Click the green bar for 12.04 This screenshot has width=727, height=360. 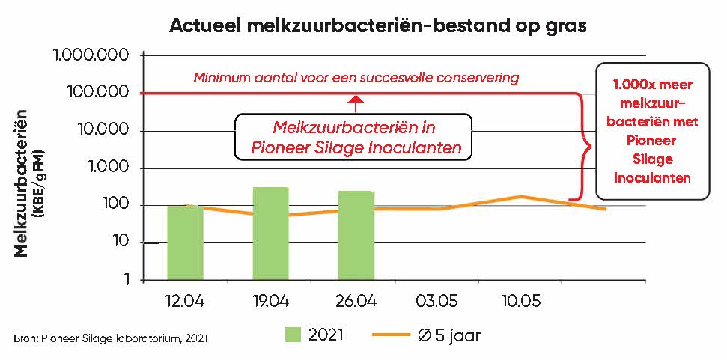pos(184,242)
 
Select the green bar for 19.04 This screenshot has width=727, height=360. pos(270,233)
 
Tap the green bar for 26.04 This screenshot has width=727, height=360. pos(356,234)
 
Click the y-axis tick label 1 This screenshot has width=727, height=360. pos(126,280)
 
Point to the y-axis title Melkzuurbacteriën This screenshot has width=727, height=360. pos(22,183)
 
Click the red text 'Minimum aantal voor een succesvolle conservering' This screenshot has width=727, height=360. pos(356,77)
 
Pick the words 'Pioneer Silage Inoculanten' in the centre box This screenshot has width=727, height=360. pos(355,147)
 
